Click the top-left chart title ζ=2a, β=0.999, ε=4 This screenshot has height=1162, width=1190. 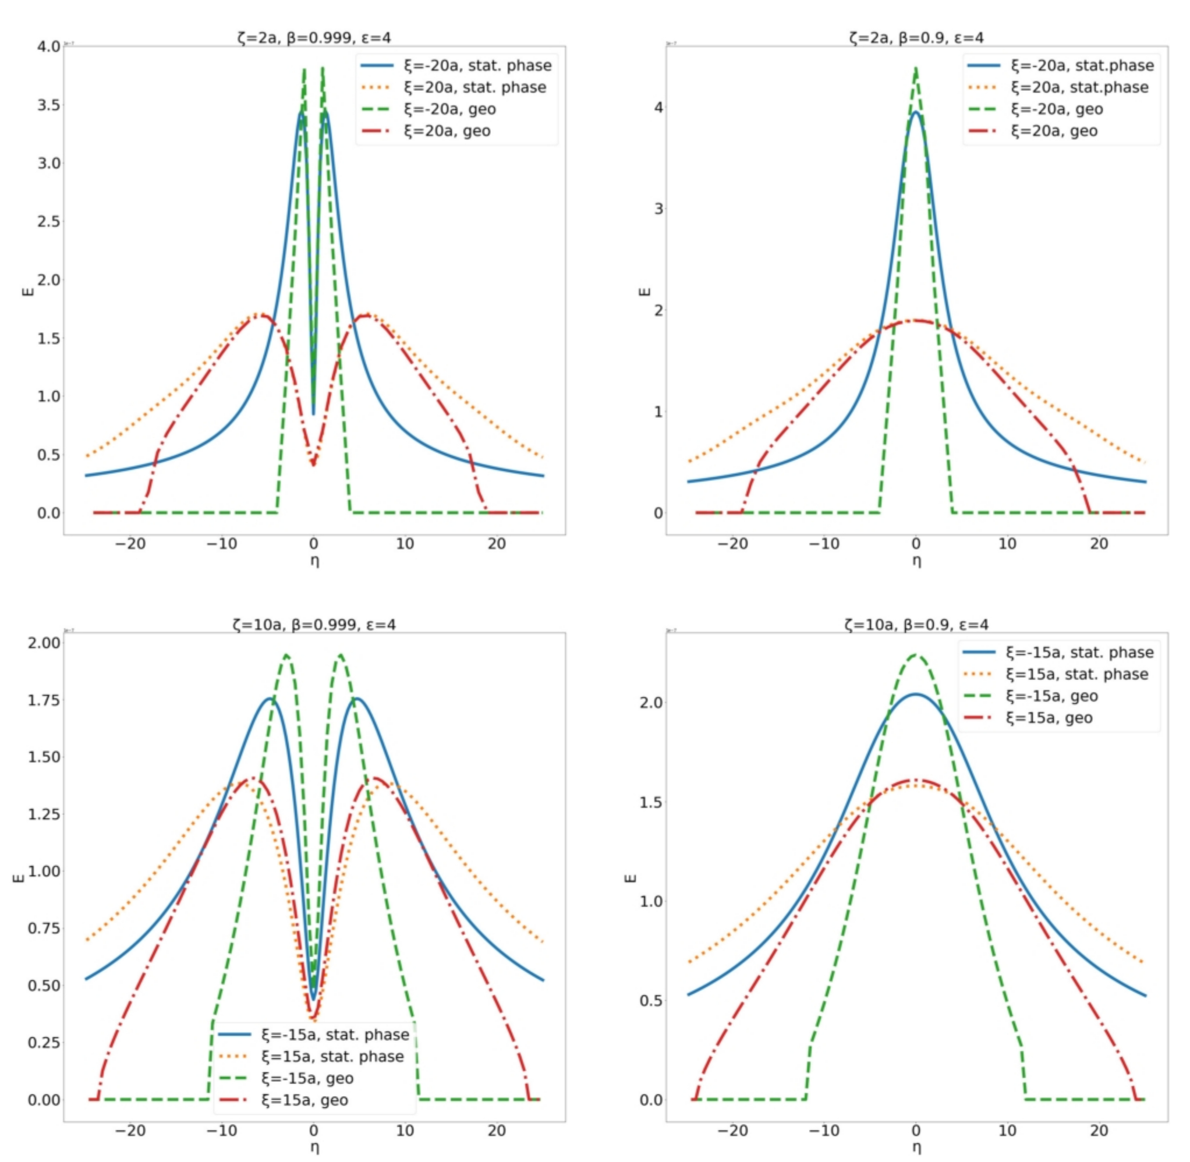314,38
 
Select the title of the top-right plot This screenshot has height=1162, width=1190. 916,38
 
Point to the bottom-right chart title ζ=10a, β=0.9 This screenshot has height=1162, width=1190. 916,624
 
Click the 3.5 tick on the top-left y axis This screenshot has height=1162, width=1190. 49,105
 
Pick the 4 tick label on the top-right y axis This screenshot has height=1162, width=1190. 658,108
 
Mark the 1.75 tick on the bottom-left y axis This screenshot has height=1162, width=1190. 44,699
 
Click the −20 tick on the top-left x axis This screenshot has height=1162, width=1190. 130,544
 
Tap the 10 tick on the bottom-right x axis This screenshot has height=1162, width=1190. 1007,1131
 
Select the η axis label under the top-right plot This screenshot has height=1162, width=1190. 916,561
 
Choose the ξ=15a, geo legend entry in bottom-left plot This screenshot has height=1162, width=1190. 304,1100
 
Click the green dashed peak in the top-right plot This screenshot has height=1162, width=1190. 916,69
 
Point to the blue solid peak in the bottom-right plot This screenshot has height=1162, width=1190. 916,694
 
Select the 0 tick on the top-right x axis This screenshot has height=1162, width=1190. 916,544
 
